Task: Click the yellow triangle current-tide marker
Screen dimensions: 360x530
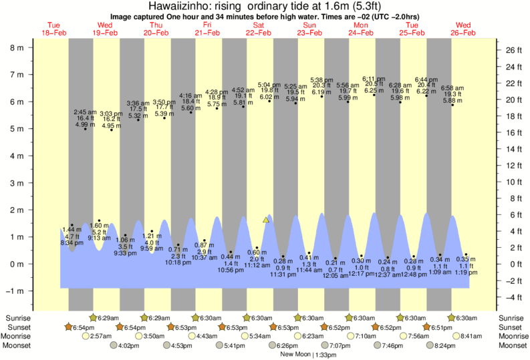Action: (266, 219)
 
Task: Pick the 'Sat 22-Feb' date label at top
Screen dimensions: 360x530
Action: (258, 28)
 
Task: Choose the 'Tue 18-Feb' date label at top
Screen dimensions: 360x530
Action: (53, 28)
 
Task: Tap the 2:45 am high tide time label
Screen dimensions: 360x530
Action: (85, 112)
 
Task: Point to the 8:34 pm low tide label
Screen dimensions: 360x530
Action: (72, 242)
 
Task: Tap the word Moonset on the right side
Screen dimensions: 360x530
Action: (513, 345)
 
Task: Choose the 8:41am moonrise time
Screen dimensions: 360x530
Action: (471, 336)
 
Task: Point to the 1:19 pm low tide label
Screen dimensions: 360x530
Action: (465, 273)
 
